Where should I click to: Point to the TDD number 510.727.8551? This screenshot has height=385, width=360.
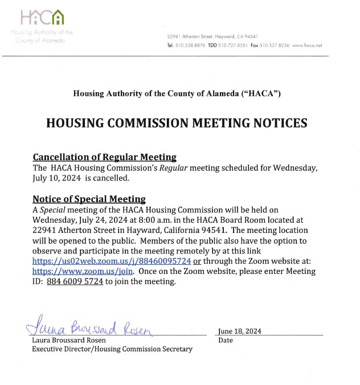click(234, 45)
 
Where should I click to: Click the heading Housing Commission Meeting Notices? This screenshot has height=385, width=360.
click(177, 123)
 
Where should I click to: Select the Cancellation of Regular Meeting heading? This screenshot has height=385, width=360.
click(104, 157)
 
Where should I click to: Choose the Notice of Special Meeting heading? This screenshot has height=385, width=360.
click(89, 199)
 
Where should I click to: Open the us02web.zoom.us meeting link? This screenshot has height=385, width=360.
click(112, 261)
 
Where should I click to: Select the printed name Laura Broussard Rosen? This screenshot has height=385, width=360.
click(69, 341)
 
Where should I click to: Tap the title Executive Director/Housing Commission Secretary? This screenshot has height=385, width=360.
click(112, 349)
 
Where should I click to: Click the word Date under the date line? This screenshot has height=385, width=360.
click(225, 341)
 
